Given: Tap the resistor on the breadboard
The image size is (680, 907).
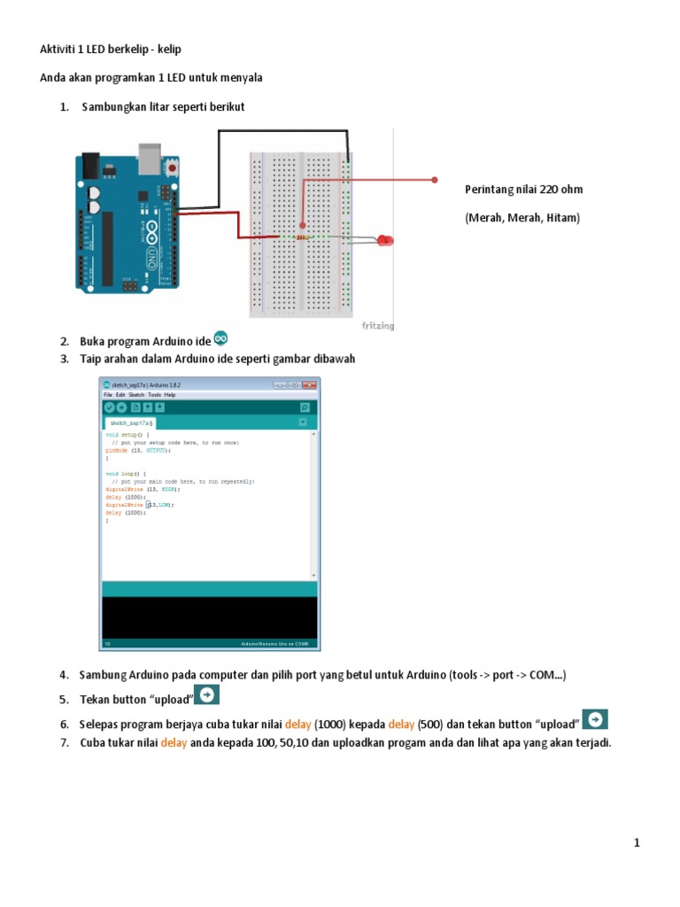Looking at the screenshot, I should (x=303, y=237).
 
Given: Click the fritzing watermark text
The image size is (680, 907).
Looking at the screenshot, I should (x=378, y=325).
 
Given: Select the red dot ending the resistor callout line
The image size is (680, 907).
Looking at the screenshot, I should (x=435, y=180).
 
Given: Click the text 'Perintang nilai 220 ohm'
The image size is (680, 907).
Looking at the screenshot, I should (x=523, y=190).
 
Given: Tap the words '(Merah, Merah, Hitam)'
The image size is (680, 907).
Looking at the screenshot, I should (x=522, y=217).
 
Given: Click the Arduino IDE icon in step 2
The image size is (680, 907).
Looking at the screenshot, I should (x=221, y=337).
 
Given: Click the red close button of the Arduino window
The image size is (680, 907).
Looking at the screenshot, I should (x=309, y=385).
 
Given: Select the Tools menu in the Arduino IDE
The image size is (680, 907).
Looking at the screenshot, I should (x=154, y=394).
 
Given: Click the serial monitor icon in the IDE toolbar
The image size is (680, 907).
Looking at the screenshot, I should (x=305, y=407).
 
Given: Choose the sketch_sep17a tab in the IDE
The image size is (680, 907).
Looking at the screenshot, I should (x=131, y=424).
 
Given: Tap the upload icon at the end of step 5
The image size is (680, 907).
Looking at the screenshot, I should (x=206, y=695).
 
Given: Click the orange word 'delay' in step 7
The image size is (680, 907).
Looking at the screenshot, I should (x=174, y=742).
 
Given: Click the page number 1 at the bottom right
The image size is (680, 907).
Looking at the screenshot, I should (x=637, y=842).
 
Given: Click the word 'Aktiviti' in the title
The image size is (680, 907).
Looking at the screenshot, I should (x=59, y=49).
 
